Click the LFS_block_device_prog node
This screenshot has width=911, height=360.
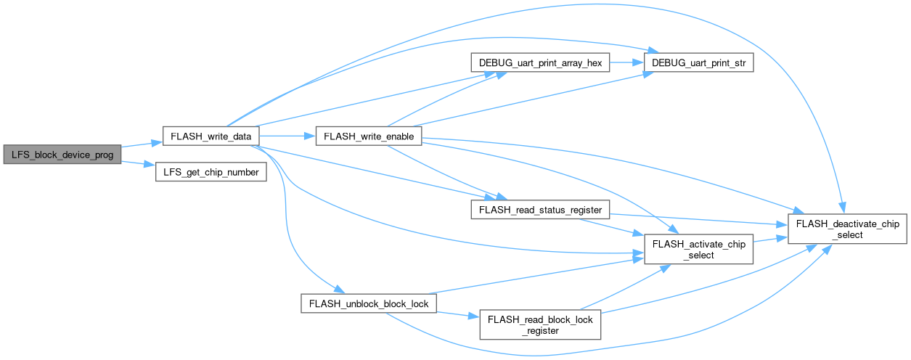(62, 155)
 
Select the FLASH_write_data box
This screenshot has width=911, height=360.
(211, 136)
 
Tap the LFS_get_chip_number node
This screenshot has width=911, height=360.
(211, 172)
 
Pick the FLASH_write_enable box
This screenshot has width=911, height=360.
(369, 136)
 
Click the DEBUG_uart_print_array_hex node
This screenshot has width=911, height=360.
(540, 62)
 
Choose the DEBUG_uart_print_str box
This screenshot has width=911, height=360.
(699, 62)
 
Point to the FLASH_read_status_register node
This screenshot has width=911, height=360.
(540, 210)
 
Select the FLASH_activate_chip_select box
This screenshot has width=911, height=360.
(699, 249)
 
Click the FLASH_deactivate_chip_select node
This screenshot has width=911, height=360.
(847, 229)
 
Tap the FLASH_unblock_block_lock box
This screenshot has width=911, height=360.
(369, 303)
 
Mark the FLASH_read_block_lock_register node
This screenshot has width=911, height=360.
(540, 324)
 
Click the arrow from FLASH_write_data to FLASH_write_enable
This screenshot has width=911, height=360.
(287, 136)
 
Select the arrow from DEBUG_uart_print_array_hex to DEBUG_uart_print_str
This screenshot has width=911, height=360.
(626, 62)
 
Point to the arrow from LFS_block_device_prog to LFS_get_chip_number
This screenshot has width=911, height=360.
(138, 163)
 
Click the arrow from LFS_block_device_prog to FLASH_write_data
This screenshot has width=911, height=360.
(142, 144)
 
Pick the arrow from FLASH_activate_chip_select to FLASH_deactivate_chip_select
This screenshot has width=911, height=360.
(771, 240)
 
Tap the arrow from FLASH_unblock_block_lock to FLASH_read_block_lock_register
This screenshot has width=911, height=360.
(458, 315)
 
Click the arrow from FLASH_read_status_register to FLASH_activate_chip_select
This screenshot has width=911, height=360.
(612, 227)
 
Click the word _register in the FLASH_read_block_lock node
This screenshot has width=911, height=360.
(540, 331)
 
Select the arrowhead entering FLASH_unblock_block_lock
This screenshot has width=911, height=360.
(340, 289)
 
